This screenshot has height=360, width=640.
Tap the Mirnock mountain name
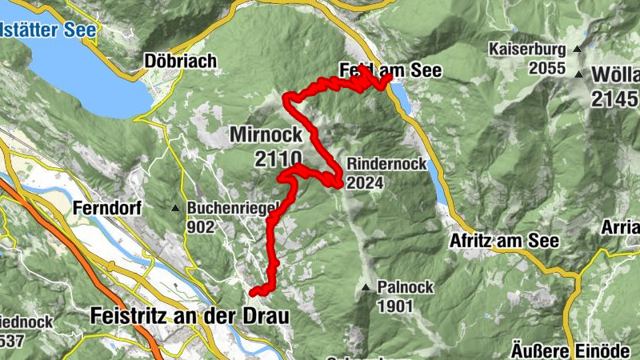pos(266,134)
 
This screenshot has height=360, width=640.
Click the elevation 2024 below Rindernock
pos(366,182)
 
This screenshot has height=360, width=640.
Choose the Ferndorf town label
pos(106,208)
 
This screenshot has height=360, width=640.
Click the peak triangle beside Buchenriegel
pos(176,208)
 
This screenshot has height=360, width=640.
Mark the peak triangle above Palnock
pos(366,286)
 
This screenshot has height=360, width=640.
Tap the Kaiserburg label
pos(529,50)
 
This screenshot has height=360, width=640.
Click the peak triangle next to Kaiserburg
pos(575,50)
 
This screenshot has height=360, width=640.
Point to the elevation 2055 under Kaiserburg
pos(547,68)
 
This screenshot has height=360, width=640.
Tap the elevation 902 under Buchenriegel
pos(202,226)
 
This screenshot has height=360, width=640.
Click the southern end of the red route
pos(253,292)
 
